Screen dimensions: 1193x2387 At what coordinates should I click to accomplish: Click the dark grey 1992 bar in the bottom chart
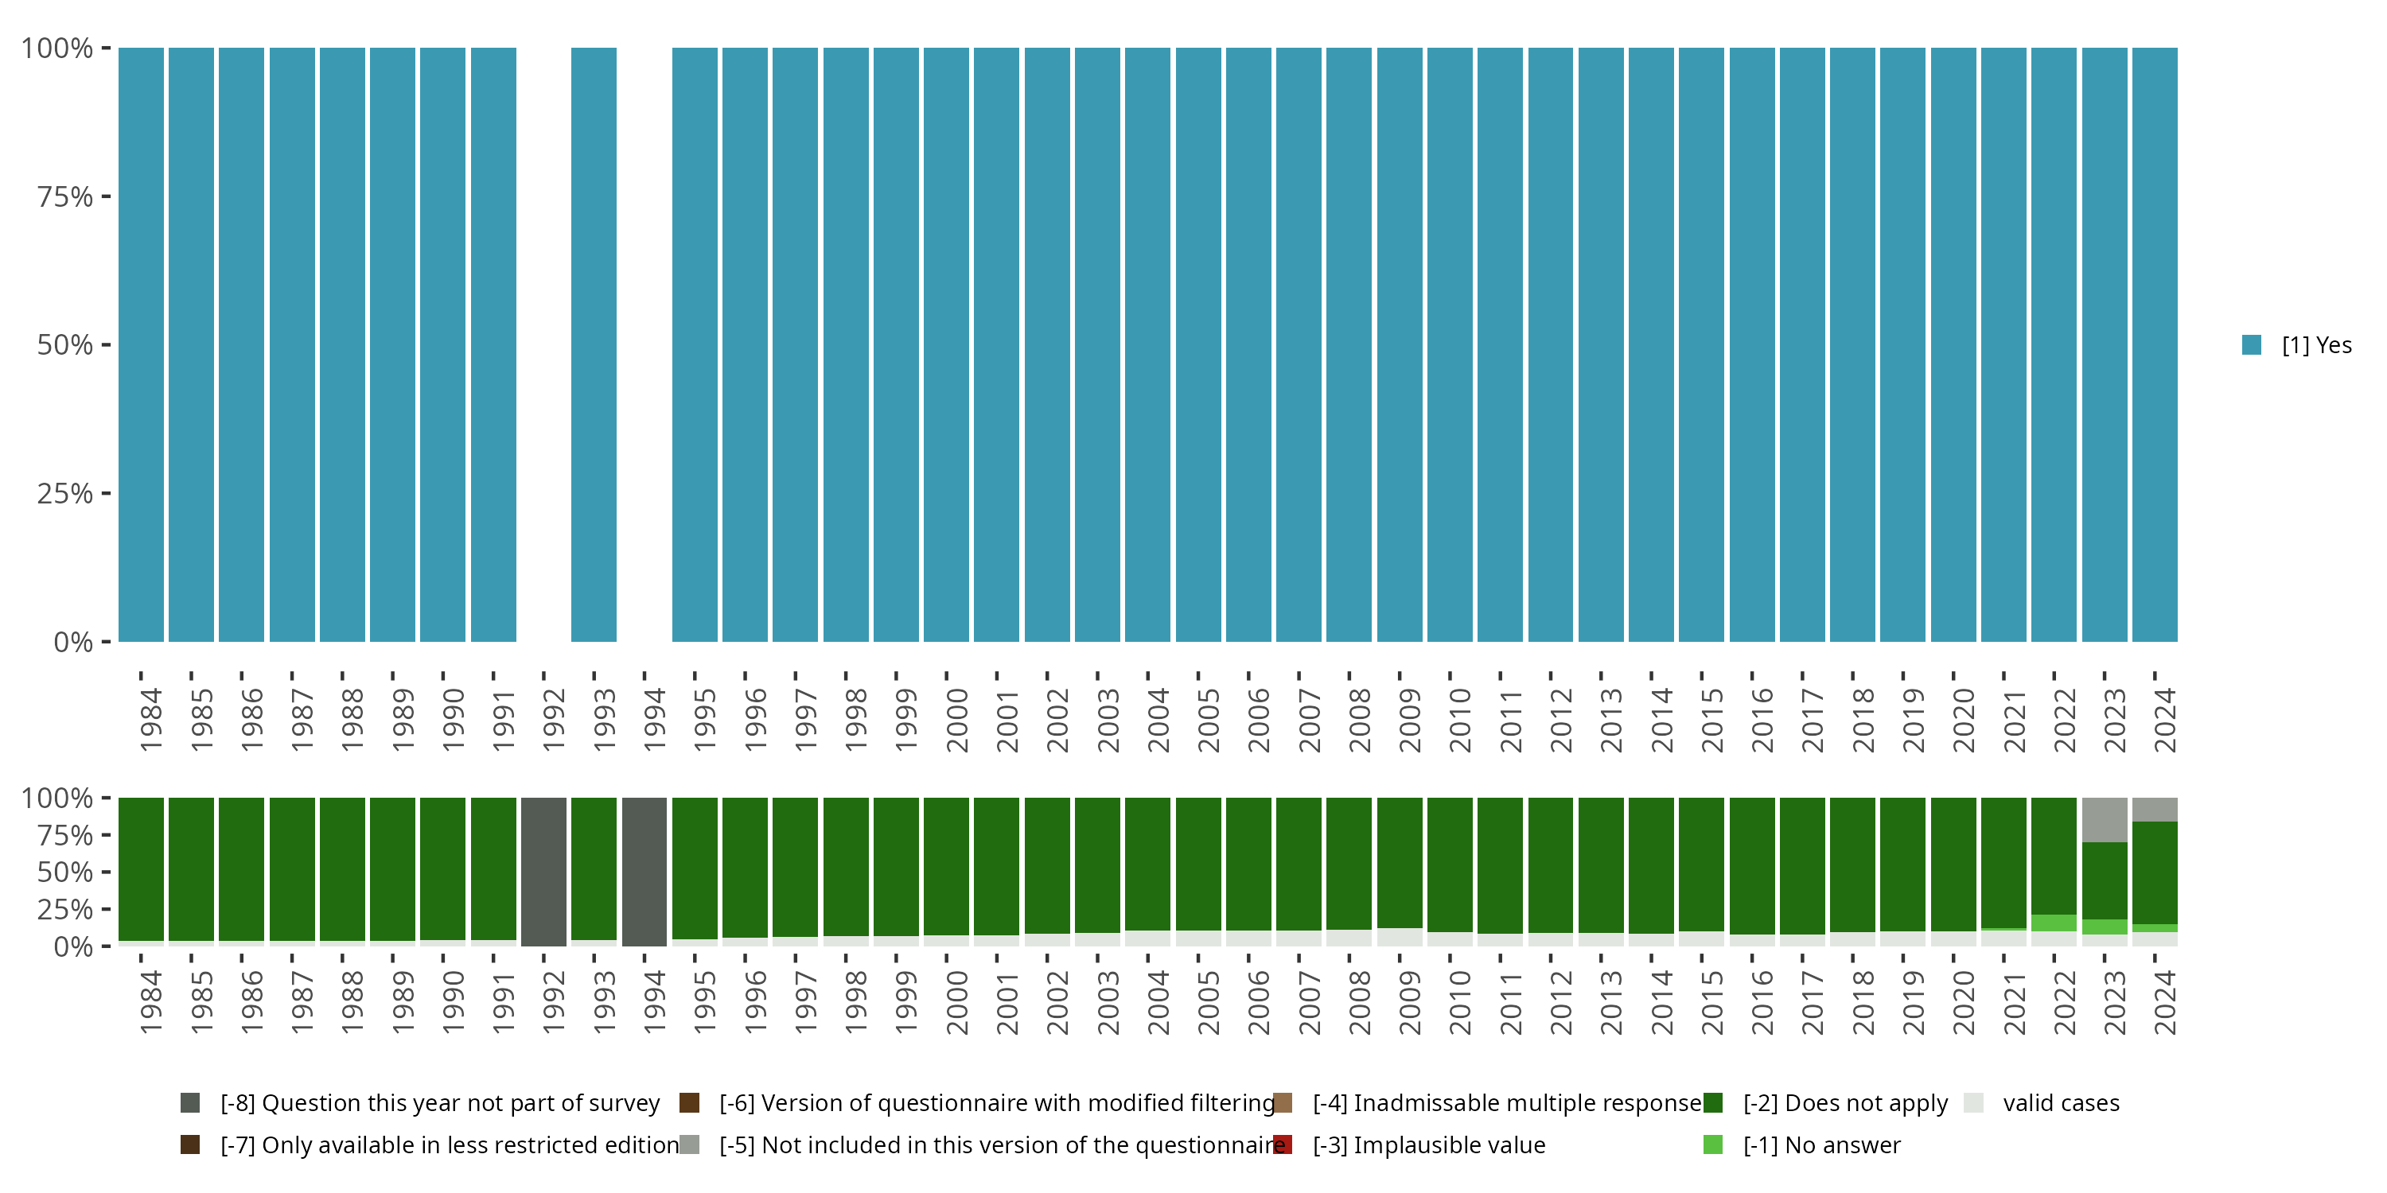point(543,871)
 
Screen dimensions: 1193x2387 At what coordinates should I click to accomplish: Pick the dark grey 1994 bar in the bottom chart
point(644,871)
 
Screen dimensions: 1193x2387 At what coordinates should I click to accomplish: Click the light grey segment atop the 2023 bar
point(2105,820)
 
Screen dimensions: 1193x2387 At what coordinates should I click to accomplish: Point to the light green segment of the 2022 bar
point(2054,923)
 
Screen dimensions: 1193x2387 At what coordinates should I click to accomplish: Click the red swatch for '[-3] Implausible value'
point(1283,1144)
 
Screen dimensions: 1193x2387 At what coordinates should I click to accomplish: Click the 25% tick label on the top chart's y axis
point(65,494)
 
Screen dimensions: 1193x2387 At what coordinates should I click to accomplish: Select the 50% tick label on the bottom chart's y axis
point(65,872)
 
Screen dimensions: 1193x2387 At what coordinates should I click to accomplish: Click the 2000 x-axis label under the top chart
point(956,720)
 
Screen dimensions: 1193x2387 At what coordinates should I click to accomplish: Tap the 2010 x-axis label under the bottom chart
point(1459,1002)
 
